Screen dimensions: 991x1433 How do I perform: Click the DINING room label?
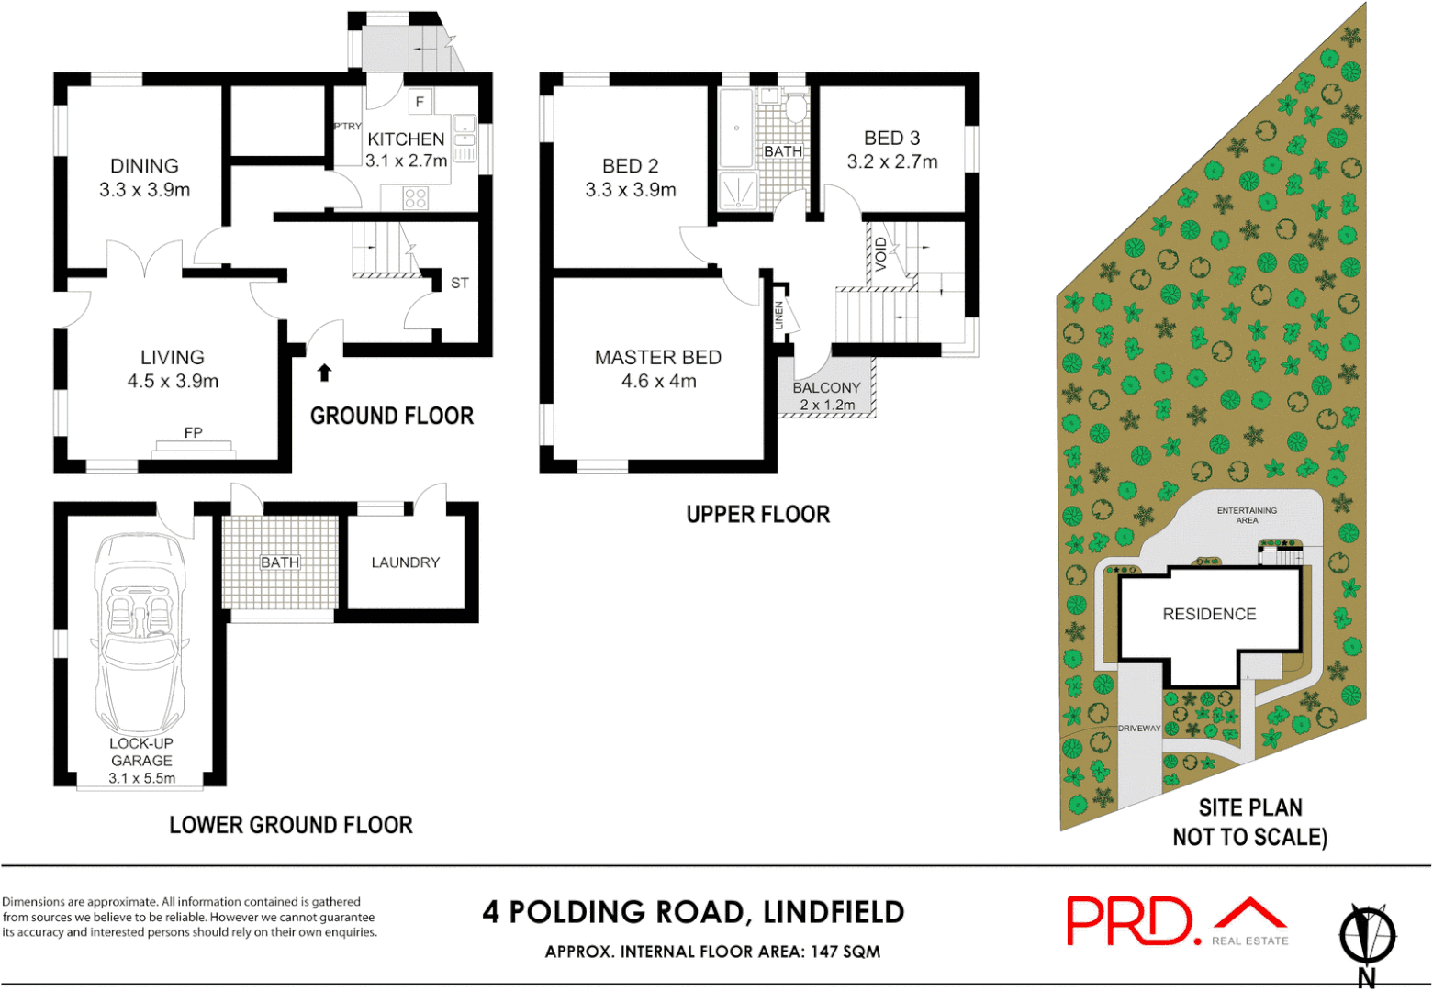click(x=144, y=166)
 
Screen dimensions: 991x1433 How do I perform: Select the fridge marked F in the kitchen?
click(x=420, y=102)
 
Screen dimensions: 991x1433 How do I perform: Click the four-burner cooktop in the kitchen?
click(x=415, y=197)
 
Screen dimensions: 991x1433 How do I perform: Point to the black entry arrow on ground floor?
click(x=324, y=372)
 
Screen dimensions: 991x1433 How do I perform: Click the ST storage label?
click(x=459, y=283)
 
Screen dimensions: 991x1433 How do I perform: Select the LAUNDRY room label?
click(x=405, y=562)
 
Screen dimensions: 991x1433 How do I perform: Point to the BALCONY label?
click(x=826, y=388)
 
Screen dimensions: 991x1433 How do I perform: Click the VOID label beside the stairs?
click(x=880, y=254)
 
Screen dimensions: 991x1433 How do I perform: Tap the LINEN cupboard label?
click(x=779, y=316)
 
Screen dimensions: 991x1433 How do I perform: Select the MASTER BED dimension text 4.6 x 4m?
click(x=658, y=381)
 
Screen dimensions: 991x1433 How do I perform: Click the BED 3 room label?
click(x=891, y=139)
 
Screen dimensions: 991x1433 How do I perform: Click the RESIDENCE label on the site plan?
click(x=1209, y=614)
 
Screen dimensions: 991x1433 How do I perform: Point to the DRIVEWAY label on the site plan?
click(x=1138, y=729)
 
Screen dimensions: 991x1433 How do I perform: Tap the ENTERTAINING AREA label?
click(x=1247, y=515)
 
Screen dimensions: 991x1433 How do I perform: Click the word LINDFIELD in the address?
click(x=834, y=912)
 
